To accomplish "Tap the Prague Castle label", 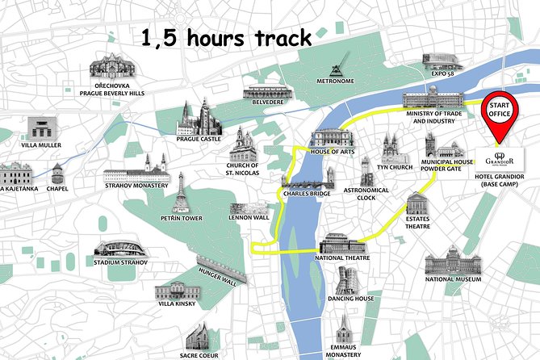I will [199, 139].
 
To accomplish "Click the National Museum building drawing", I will [453, 261].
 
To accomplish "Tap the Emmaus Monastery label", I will [345, 350].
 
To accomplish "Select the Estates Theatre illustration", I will [418, 205].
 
